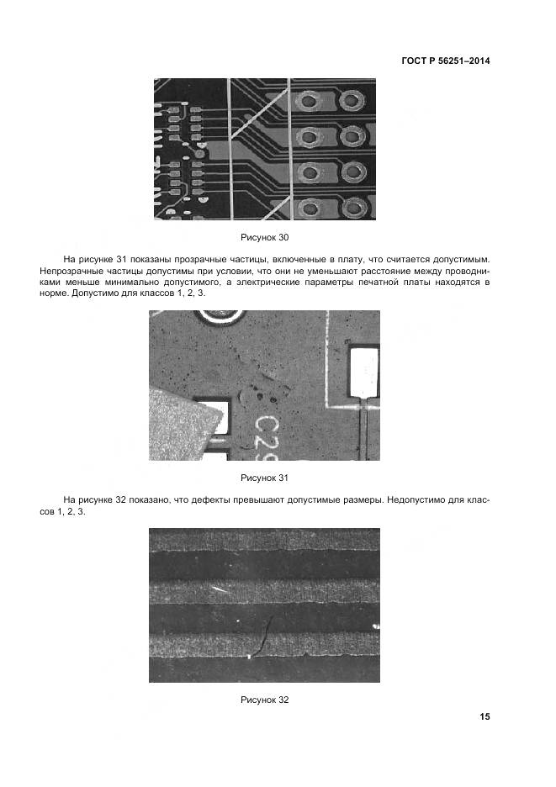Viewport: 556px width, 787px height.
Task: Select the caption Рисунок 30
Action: click(264, 238)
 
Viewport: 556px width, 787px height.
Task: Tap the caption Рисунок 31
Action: click(264, 478)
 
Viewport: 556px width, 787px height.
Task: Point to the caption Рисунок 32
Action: click(264, 700)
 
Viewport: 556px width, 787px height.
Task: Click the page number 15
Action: click(485, 716)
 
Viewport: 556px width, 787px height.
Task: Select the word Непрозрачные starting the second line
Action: click(71, 272)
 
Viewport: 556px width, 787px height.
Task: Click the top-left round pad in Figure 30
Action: click(310, 103)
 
